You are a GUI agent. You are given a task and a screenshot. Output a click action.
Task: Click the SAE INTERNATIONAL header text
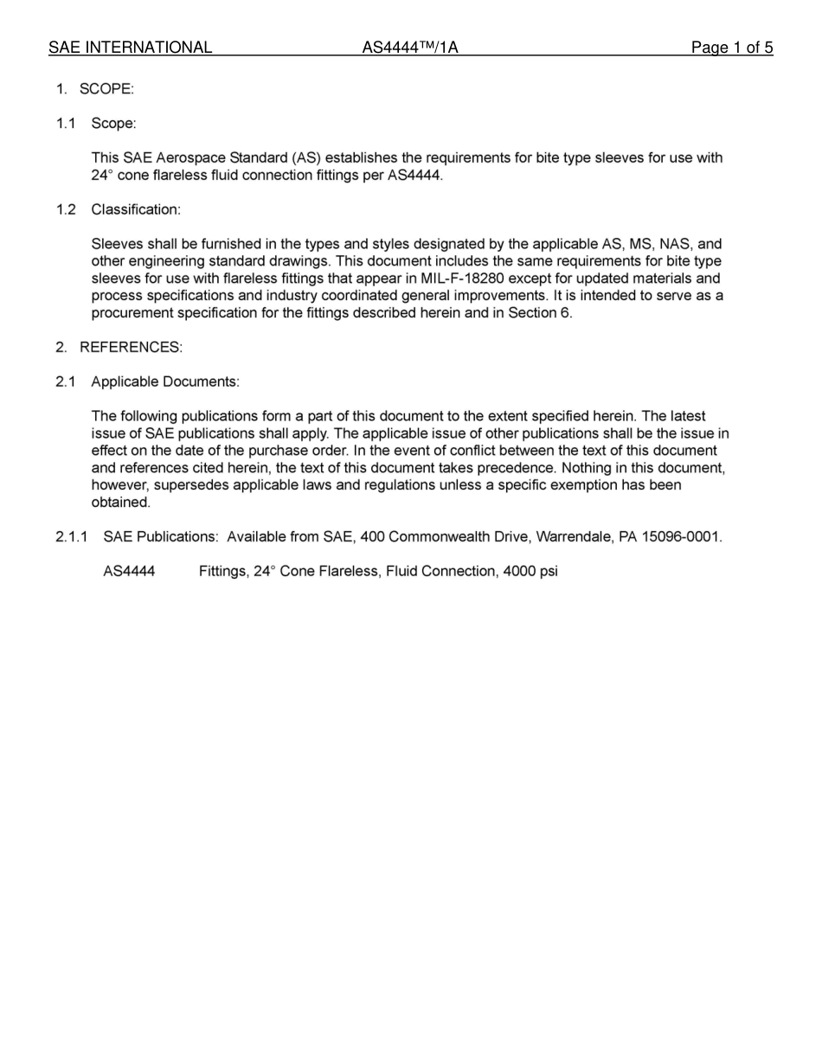(130, 48)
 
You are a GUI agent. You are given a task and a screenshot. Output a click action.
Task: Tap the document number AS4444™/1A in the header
(409, 48)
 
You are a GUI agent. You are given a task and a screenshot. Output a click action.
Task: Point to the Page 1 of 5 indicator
(731, 48)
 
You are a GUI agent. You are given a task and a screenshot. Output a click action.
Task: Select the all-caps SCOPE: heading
(106, 89)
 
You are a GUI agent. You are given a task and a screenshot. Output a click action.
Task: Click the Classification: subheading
(136, 210)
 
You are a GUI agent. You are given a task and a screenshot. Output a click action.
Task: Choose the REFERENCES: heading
(131, 348)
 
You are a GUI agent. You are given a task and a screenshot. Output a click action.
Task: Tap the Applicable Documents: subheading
(165, 382)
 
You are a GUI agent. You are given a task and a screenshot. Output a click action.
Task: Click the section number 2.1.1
(72, 537)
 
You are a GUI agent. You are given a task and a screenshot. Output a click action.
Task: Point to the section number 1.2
(67, 210)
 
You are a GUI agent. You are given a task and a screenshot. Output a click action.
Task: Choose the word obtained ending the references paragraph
(120, 503)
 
